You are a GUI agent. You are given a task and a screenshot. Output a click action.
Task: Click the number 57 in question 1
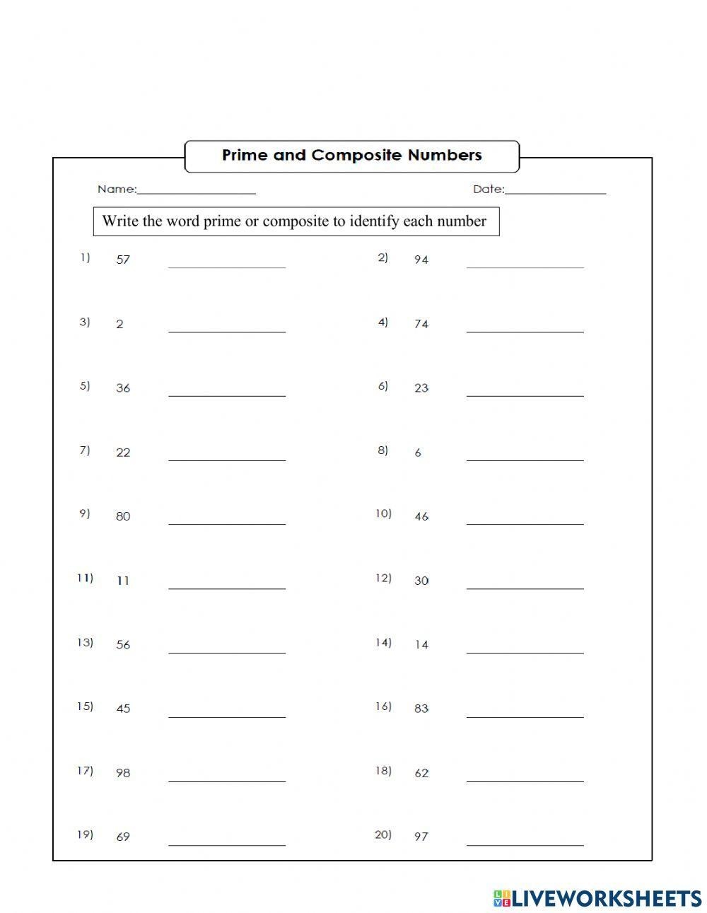coord(123,260)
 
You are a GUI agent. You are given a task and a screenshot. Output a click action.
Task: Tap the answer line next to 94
coord(525,266)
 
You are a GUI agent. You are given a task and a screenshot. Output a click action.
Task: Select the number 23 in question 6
coord(421,388)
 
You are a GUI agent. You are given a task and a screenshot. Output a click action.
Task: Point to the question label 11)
coord(85,578)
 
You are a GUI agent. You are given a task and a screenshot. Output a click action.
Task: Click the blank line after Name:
coord(197,192)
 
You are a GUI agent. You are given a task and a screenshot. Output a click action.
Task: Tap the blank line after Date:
coord(556,192)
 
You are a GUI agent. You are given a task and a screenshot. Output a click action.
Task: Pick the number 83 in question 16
coord(421,708)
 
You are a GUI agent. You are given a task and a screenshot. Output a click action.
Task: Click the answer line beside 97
coord(525,844)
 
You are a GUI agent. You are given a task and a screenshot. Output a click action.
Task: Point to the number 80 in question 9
coord(123,516)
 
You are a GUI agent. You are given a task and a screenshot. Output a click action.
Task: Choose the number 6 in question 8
coord(418,453)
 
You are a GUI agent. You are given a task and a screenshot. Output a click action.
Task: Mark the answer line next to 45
coord(227,716)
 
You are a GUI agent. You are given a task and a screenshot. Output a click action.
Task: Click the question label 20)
coord(382,835)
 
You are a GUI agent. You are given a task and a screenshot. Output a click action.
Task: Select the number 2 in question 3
coord(119,324)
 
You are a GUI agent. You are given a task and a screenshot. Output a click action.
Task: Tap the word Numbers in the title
coord(445,156)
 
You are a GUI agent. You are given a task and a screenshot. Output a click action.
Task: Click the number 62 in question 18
coord(421,773)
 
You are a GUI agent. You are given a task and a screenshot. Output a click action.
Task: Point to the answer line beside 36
coord(227,395)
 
